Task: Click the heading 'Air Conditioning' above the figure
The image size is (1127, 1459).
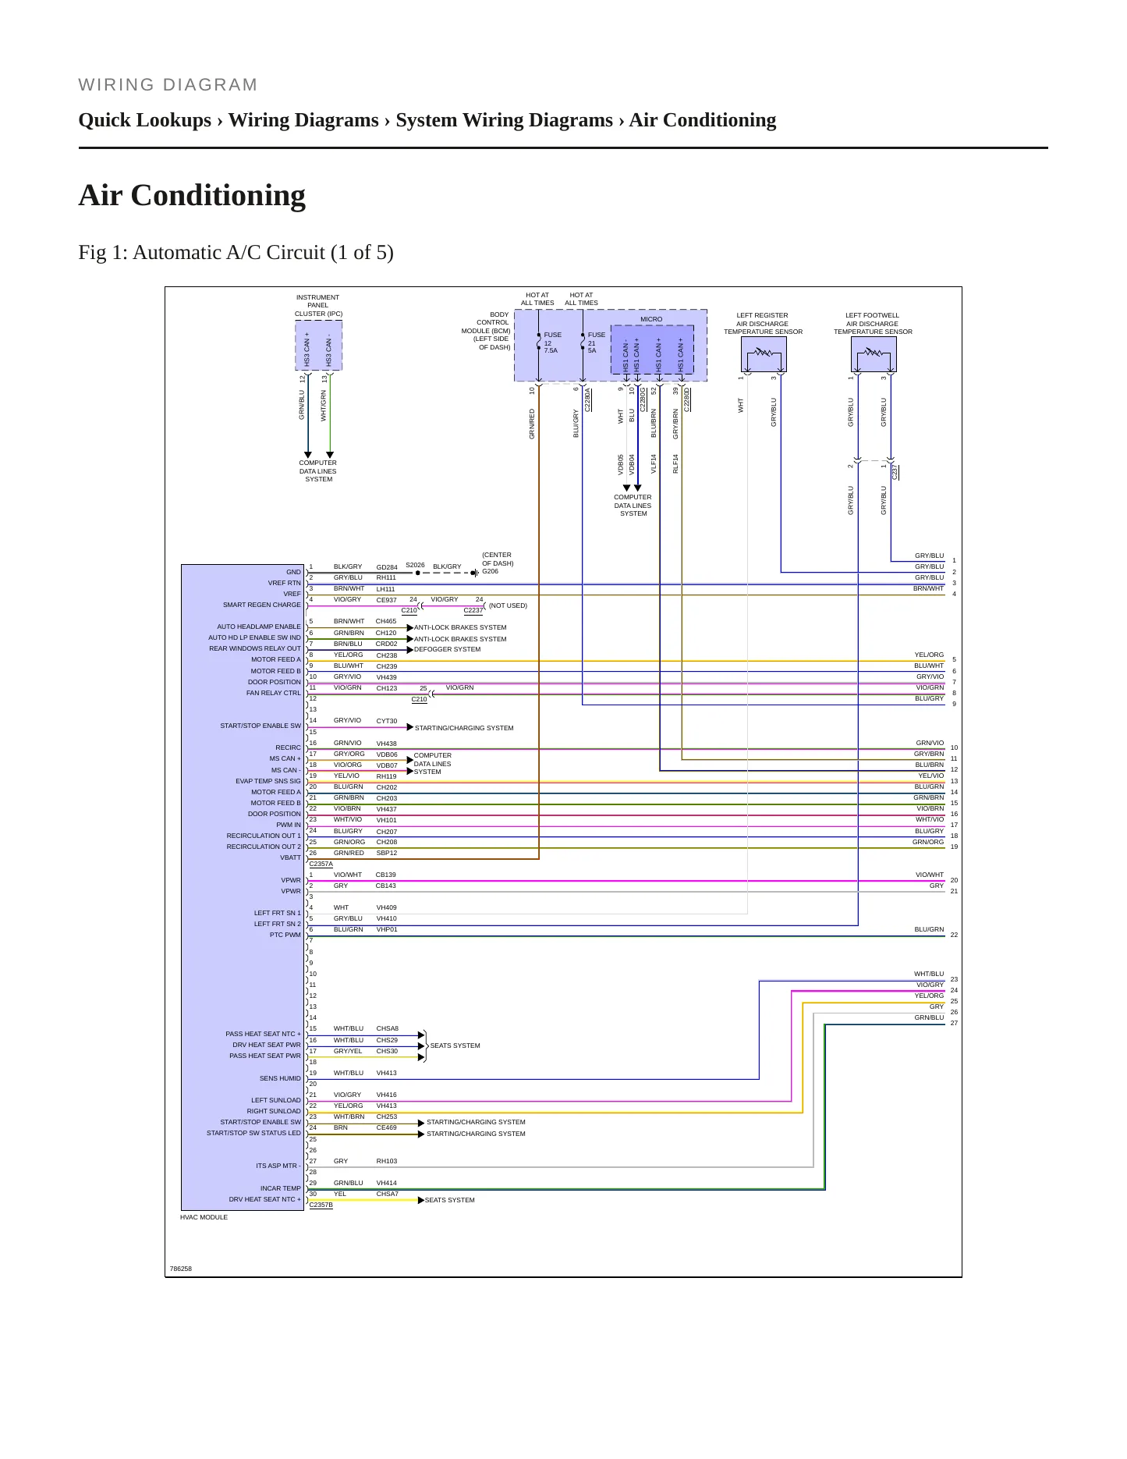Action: click(x=192, y=195)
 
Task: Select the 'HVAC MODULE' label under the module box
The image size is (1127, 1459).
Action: click(x=204, y=1217)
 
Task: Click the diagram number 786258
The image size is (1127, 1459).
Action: click(x=181, y=1269)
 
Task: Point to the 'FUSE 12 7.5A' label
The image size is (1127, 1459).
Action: click(x=552, y=343)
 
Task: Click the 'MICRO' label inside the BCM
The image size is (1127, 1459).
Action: click(x=651, y=319)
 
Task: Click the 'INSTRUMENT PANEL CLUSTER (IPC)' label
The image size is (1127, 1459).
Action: click(x=318, y=306)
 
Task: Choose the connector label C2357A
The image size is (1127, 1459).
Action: click(x=321, y=864)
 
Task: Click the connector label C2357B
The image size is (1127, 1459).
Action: click(x=321, y=1205)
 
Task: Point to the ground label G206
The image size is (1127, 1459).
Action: click(x=490, y=571)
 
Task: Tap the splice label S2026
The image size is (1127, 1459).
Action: click(x=415, y=565)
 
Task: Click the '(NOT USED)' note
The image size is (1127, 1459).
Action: click(x=508, y=605)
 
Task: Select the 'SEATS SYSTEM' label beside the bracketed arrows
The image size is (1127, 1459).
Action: click(x=455, y=1045)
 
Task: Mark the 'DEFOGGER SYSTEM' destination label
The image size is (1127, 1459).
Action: click(x=447, y=649)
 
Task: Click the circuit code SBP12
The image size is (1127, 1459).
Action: click(x=387, y=854)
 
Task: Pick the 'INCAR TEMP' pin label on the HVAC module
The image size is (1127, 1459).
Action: click(x=281, y=1188)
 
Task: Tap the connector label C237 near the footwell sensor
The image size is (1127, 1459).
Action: click(x=895, y=471)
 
